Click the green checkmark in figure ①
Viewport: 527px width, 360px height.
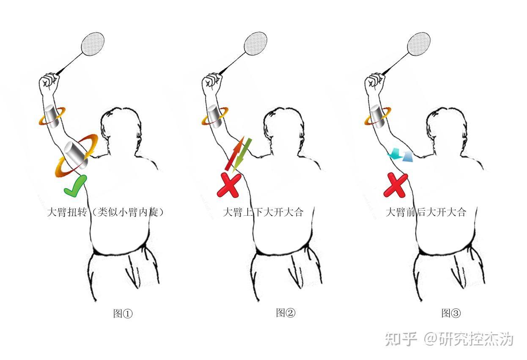pos(76,186)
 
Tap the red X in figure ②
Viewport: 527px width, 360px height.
pos(229,185)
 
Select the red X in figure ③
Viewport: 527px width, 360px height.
pos(396,185)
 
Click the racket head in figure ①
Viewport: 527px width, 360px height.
pos(93,44)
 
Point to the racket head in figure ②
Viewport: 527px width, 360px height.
pos(255,44)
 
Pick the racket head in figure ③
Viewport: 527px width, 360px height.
pos(419,44)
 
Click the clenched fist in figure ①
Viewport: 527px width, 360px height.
pos(49,82)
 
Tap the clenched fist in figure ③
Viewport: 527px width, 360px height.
pos(375,82)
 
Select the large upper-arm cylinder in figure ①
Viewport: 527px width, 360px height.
pos(76,155)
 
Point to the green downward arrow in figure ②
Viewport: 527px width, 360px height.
pos(242,155)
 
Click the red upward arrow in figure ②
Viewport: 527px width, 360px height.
pos(235,153)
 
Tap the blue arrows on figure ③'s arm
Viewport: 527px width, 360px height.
pos(401,155)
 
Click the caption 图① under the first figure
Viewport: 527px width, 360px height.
pos(123,313)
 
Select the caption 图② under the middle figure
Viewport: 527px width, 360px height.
pos(285,313)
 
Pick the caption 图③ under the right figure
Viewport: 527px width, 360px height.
pos(451,313)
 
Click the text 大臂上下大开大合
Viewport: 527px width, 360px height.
pos(263,212)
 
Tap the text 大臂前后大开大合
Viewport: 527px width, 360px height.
pos(426,212)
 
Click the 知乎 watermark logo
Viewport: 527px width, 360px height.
pos(401,339)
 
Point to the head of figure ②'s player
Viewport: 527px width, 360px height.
pos(283,128)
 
